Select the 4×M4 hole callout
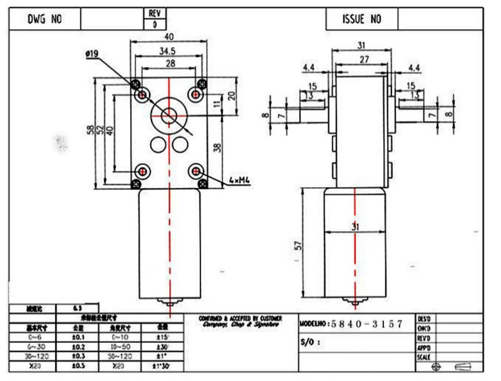[x=240, y=181]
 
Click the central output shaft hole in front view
[x=168, y=116]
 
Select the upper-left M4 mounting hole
[x=142, y=94]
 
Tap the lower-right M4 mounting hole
[x=196, y=171]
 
